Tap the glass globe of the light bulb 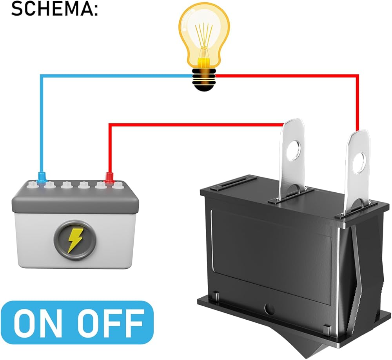coord(204,34)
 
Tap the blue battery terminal coord(41,177)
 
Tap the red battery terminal coord(109,177)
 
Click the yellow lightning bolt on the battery coord(74,240)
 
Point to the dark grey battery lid coord(75,196)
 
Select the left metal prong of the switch coord(293,160)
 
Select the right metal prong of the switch coord(357,172)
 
